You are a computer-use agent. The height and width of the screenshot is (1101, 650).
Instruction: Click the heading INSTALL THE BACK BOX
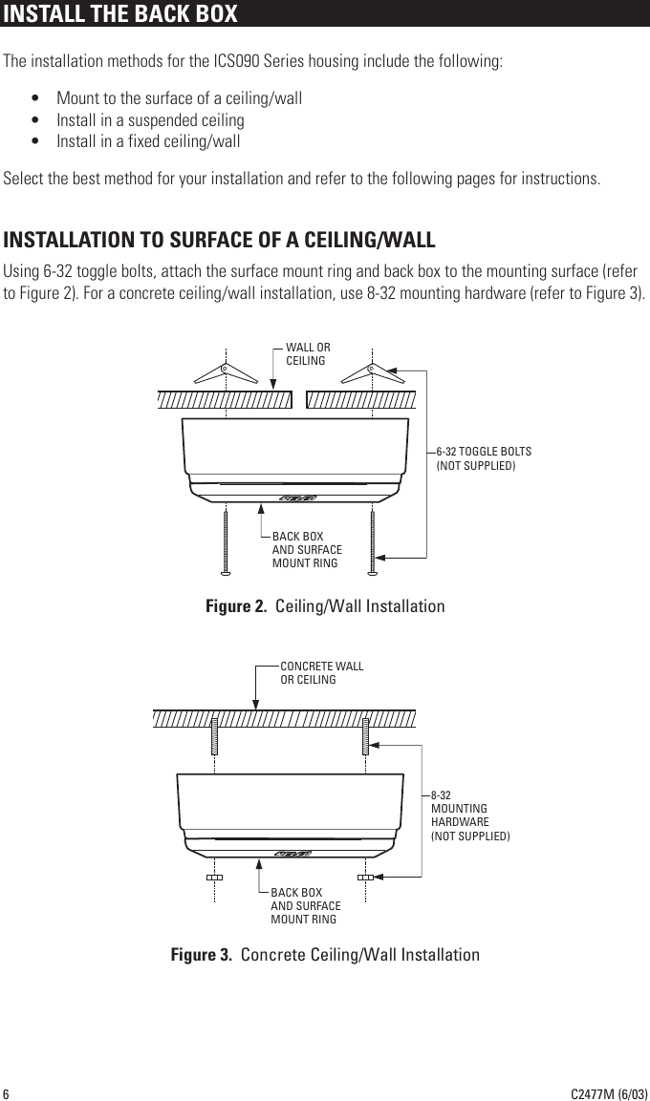(120, 14)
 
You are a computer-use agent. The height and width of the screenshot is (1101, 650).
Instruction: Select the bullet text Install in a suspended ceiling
(150, 120)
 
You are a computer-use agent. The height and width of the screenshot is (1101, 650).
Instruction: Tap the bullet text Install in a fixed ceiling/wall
(148, 142)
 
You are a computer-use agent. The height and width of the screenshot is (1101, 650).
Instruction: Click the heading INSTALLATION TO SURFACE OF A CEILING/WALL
(220, 239)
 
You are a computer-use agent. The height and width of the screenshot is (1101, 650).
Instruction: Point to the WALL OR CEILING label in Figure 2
(308, 354)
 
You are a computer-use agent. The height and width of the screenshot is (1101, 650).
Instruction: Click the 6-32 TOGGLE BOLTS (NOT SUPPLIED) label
(484, 458)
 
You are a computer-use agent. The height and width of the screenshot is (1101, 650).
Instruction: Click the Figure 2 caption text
(325, 607)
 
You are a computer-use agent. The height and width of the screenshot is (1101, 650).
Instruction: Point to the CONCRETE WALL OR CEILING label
(321, 673)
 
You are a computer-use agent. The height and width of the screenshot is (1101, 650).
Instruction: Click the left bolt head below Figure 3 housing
(215, 877)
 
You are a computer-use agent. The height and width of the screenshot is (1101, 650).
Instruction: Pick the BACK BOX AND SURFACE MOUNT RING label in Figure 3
(305, 905)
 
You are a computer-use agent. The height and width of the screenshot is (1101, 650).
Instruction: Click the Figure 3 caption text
(325, 955)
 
